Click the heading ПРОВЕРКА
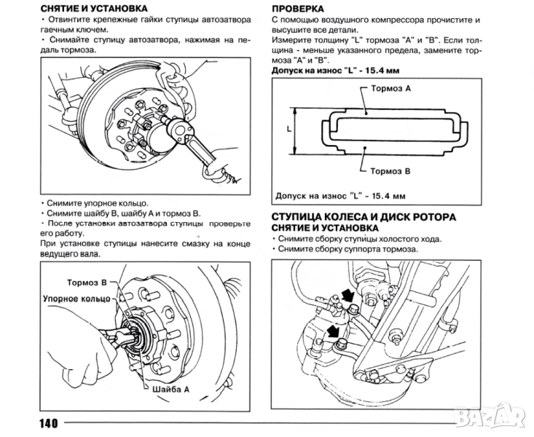coord(298,9)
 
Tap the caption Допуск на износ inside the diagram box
coord(340,197)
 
